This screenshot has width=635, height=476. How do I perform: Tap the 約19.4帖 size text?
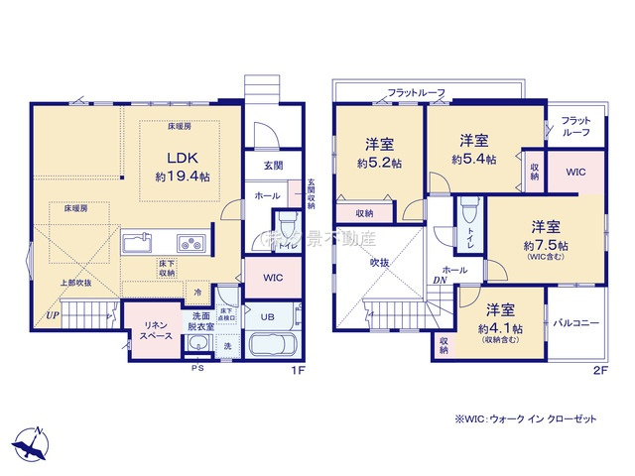(183, 176)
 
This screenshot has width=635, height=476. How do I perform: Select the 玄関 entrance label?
(273, 166)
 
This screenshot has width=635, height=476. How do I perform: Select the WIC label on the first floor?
(272, 278)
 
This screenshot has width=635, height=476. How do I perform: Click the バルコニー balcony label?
(574, 323)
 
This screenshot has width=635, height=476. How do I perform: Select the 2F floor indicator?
(598, 370)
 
